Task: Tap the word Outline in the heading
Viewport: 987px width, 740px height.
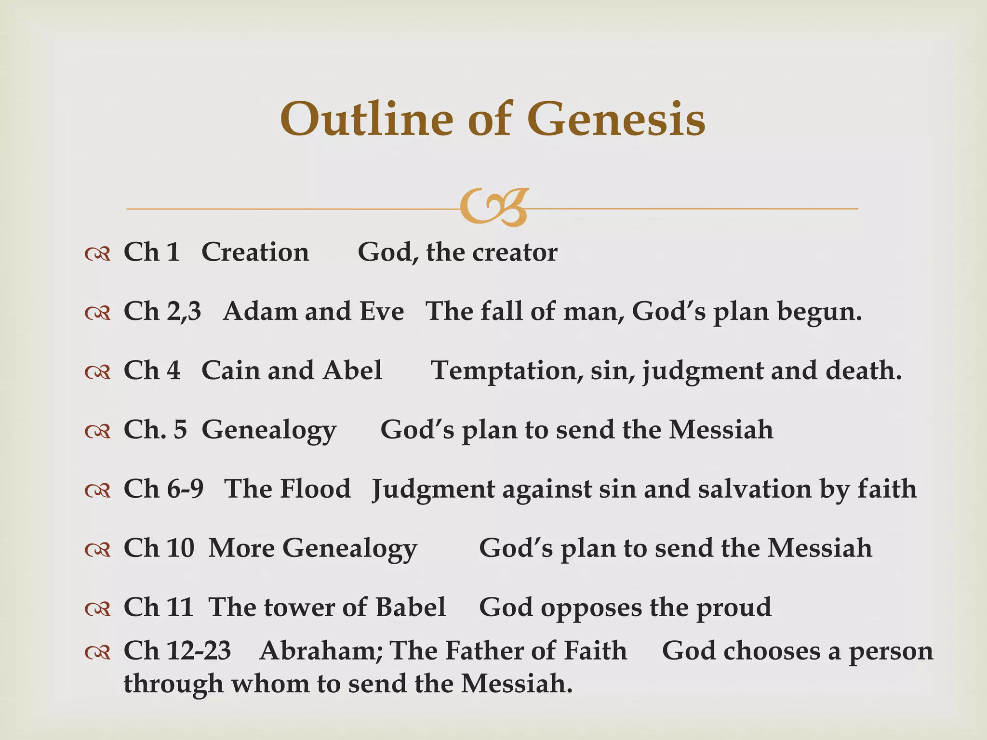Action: pyautogui.click(x=366, y=119)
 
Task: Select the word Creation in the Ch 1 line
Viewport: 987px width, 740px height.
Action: pyautogui.click(x=255, y=252)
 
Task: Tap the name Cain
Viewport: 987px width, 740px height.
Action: pyautogui.click(x=229, y=370)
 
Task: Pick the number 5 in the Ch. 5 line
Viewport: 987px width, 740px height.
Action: pyautogui.click(x=180, y=430)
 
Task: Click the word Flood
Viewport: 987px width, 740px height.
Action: pyautogui.click(x=315, y=489)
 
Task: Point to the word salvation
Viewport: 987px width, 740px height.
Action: pyautogui.click(x=755, y=489)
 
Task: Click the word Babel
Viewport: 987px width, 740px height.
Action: pyautogui.click(x=411, y=608)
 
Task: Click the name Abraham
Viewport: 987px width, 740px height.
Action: pyautogui.click(x=320, y=651)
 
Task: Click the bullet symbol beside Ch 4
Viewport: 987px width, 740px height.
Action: pyautogui.click(x=97, y=371)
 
